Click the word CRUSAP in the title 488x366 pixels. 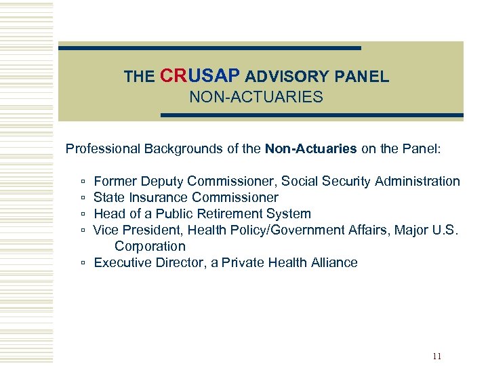[201, 76]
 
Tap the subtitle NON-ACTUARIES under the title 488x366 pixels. [256, 98]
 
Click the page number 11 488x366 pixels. [436, 357]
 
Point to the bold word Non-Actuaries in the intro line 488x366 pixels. [311, 148]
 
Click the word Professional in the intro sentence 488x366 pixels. [101, 148]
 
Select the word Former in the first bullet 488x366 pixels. [115, 181]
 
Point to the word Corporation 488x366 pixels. [150, 246]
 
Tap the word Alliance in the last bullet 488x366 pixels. [332, 262]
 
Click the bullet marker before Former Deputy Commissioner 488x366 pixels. [82, 182]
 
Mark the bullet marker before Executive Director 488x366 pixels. [82, 263]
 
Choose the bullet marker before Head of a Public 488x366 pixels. [82, 214]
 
